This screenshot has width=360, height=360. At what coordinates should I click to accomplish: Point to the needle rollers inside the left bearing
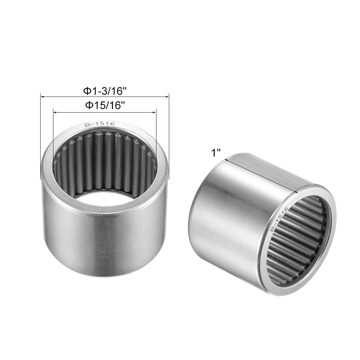[x=105, y=160]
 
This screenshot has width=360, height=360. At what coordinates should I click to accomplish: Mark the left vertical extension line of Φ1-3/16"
[x=40, y=137]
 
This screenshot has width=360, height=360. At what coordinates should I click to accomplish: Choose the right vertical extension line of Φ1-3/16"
[x=169, y=137]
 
